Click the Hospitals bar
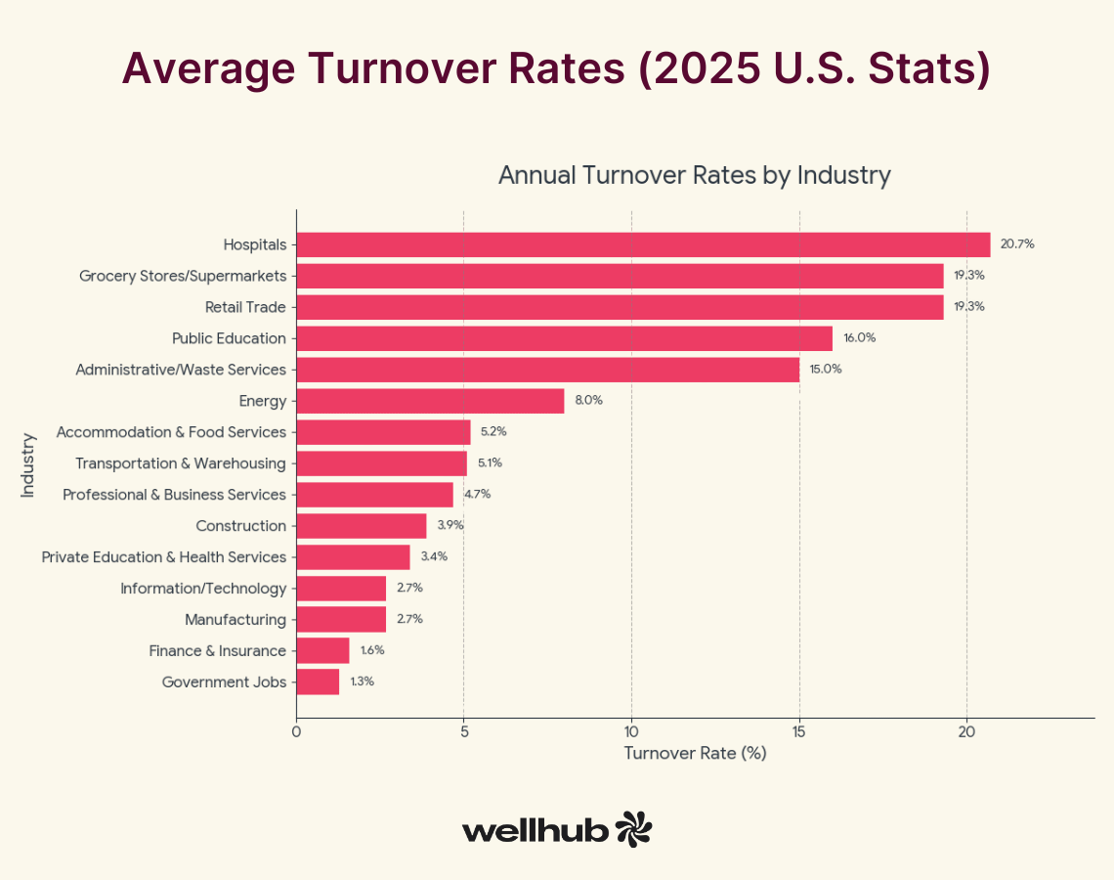click(x=643, y=244)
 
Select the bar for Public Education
click(x=564, y=338)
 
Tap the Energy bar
click(x=430, y=401)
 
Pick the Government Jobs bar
click(x=318, y=682)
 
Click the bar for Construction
click(x=362, y=526)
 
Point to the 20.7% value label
click(x=1016, y=244)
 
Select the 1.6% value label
click(x=372, y=650)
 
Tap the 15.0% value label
click(x=825, y=370)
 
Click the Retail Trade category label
click(x=245, y=307)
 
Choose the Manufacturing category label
click(x=236, y=619)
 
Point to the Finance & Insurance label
click(x=217, y=650)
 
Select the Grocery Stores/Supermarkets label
click(x=183, y=276)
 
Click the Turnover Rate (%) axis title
click(x=695, y=754)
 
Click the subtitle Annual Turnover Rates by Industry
click(x=695, y=176)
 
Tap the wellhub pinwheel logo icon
click(x=633, y=829)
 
